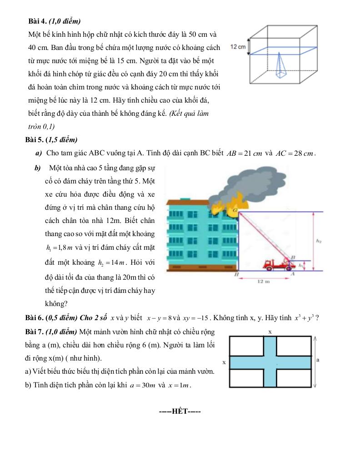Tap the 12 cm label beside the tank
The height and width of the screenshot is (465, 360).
coord(238,47)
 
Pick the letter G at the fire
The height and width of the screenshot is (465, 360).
coord(235,210)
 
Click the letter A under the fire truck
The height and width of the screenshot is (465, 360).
coord(293,274)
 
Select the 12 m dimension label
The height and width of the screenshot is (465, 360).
coord(264,282)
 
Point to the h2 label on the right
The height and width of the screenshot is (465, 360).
coord(319,241)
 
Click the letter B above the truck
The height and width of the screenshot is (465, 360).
coord(293,257)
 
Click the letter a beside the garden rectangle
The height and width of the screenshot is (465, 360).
coord(318,360)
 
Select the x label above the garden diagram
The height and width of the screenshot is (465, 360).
coord(270,332)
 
